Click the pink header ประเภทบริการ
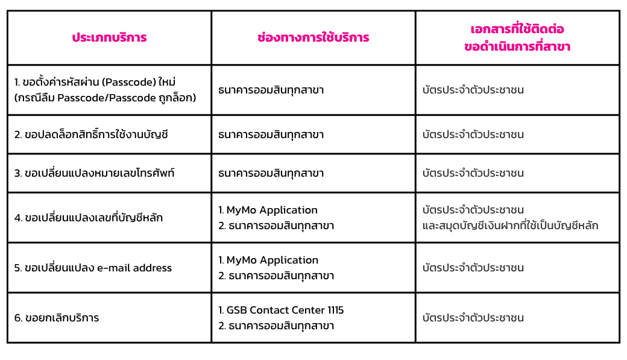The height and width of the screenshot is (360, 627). pos(109,37)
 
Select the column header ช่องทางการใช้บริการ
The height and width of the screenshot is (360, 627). pos(313,37)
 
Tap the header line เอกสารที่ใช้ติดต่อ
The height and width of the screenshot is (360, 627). pos(517,29)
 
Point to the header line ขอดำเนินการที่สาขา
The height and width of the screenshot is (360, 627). pos(517,47)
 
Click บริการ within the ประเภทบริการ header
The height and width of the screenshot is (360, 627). pos(130,37)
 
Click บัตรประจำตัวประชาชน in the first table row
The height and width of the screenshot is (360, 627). pos(473,90)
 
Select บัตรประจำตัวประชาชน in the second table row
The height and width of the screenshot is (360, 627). pos(473,134)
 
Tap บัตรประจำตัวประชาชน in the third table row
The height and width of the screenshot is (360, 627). pos(473,173)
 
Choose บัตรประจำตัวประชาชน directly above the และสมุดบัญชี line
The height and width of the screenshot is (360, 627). pos(473,210)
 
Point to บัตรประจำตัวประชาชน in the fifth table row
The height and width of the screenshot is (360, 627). pos(473,268)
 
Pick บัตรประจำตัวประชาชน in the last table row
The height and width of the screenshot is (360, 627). pos(473,318)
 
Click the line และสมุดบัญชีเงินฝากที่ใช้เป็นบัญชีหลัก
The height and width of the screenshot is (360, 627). pos(510,226)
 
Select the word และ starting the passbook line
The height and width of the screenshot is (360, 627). pos(429,226)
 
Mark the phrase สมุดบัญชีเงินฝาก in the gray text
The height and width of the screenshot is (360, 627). pos(472,226)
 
